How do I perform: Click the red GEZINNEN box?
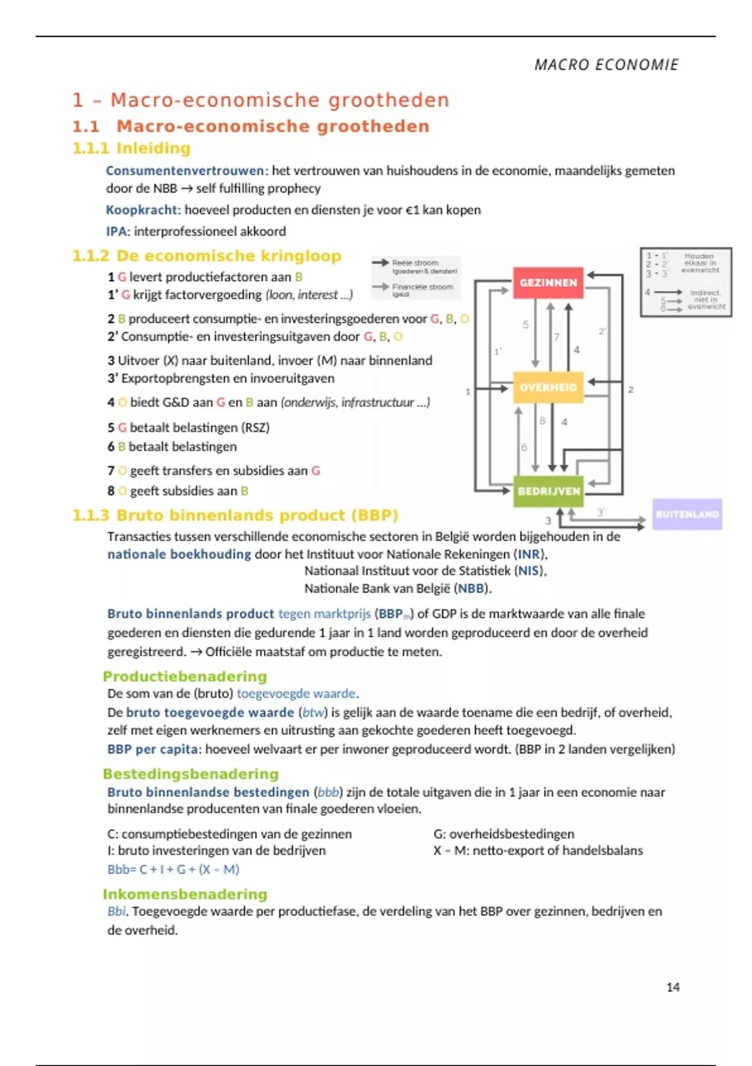(548, 283)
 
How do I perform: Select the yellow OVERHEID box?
(548, 388)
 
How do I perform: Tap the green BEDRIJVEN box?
(549, 491)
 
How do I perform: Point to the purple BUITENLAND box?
(687, 514)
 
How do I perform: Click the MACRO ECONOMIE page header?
(606, 65)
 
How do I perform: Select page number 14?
(673, 987)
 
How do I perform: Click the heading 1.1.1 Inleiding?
(132, 149)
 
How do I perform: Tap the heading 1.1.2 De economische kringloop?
(207, 256)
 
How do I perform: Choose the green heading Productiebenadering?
(185, 677)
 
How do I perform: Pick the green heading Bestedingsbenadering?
(191, 774)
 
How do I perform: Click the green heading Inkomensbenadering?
(185, 894)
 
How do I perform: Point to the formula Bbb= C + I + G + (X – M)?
(174, 870)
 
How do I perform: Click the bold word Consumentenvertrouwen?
(185, 171)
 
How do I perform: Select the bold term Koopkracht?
(142, 210)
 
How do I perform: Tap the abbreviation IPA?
(117, 231)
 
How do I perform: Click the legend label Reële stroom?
(415, 263)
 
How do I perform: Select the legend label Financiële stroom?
(422, 287)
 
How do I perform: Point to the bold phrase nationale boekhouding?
(179, 554)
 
